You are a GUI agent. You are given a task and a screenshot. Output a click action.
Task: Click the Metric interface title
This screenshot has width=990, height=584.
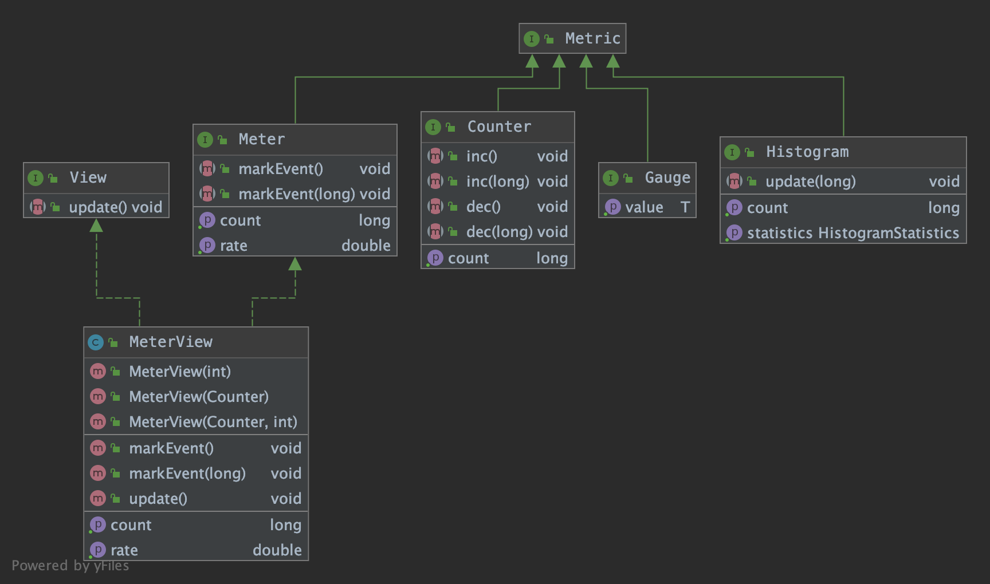click(592, 38)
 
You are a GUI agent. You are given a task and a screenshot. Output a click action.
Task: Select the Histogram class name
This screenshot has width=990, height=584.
click(807, 152)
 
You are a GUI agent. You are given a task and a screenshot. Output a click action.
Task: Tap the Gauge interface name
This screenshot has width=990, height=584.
click(667, 177)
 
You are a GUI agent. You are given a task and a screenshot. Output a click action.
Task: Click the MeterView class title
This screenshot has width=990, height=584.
click(171, 342)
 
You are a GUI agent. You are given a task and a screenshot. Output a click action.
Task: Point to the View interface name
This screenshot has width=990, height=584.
click(88, 177)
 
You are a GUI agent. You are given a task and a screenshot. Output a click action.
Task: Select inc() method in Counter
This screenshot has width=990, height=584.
click(482, 156)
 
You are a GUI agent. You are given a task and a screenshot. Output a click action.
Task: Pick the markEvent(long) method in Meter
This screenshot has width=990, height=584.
click(296, 194)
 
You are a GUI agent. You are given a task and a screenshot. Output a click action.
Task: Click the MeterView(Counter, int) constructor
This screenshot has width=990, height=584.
click(213, 422)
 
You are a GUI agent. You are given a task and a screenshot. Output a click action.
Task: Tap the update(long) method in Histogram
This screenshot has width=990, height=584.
click(810, 181)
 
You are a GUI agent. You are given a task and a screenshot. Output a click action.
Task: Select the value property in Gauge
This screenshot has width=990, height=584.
click(644, 207)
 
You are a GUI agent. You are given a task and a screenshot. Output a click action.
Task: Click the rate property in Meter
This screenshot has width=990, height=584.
click(234, 246)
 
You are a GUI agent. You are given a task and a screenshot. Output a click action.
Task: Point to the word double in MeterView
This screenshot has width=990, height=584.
click(277, 550)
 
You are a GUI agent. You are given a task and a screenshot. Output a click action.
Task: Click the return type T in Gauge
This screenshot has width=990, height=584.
click(685, 207)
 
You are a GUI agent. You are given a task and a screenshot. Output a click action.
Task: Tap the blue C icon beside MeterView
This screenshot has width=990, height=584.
click(96, 342)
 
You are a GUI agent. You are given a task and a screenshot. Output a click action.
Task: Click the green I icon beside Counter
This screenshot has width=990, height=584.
click(433, 127)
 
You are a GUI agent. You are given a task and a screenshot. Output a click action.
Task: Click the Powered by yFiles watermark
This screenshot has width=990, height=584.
click(70, 566)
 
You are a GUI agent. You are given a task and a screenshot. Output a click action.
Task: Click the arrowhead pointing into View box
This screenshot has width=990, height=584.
click(96, 226)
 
